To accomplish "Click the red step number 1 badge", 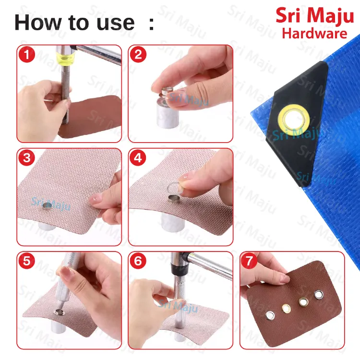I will point(27,55).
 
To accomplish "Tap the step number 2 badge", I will point(138,55).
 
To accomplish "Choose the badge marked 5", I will point(27,261).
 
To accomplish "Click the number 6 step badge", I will point(138,261).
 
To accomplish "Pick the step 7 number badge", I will point(250,261).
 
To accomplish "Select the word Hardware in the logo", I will point(314,33).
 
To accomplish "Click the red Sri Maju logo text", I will point(314,15).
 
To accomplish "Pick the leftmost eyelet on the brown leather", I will point(271,314).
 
